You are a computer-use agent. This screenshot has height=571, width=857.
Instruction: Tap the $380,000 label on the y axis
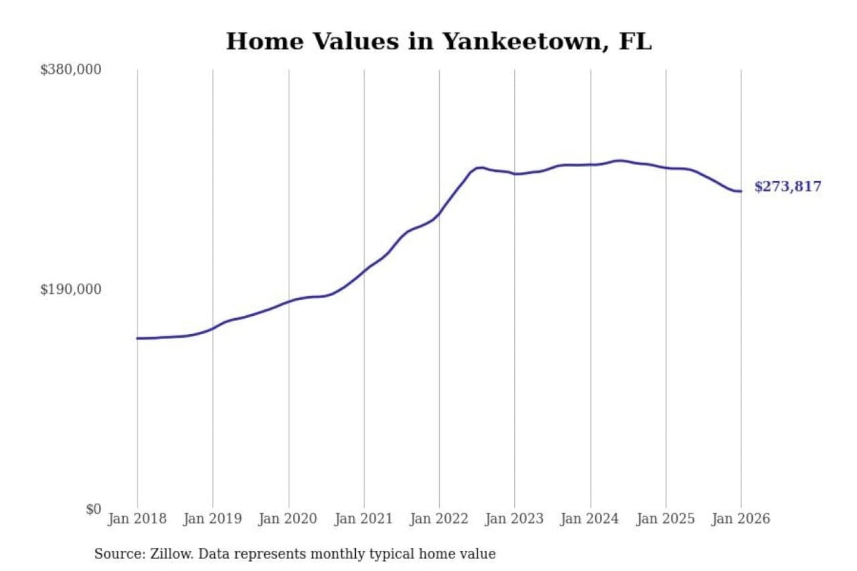pos(71,70)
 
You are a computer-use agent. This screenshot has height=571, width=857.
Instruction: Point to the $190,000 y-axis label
pos(71,290)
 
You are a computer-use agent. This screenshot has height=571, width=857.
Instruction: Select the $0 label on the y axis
pos(93,509)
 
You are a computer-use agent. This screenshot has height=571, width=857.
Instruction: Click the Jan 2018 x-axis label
pos(137,519)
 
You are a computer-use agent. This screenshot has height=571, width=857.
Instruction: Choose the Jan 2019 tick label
pos(212,519)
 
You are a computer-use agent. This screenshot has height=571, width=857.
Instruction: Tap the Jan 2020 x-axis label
pos(288,519)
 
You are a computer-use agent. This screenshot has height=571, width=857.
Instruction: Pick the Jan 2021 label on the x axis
pos(364,519)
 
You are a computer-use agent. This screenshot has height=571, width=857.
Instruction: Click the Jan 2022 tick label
pos(439,519)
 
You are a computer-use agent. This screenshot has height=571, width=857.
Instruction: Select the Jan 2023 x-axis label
pos(515,519)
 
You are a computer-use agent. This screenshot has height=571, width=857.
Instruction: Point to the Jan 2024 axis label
pos(590,519)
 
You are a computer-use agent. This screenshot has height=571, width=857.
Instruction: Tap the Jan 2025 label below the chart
pos(665,519)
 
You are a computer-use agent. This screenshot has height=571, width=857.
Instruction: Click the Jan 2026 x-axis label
pos(741,519)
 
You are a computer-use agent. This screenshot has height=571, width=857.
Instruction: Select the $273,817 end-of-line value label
pos(788,187)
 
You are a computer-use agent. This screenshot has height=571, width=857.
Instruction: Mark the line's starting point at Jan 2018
pos(137,338)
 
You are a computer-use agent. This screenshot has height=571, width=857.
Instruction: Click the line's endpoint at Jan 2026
pos(741,191)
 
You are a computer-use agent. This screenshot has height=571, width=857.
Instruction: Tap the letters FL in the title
pos(635,42)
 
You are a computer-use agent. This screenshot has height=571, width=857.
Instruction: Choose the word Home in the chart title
pos(265,42)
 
